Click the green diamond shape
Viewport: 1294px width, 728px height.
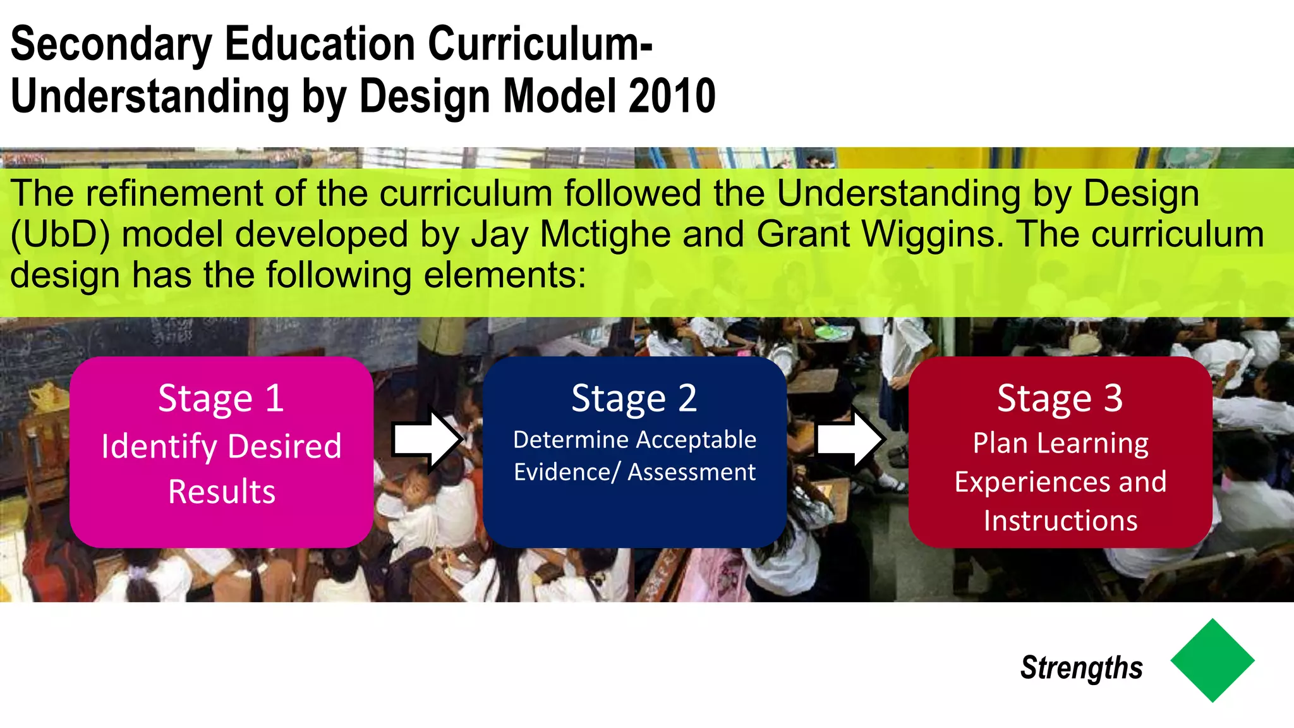[1212, 660]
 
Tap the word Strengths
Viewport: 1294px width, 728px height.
[1081, 668]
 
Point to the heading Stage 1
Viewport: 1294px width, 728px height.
[221, 399]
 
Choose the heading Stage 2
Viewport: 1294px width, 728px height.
[634, 399]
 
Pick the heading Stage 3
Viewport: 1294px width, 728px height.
[1060, 399]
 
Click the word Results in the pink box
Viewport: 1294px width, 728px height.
[222, 492]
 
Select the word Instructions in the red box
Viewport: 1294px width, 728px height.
[1060, 521]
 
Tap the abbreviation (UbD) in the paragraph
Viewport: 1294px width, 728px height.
[61, 234]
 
